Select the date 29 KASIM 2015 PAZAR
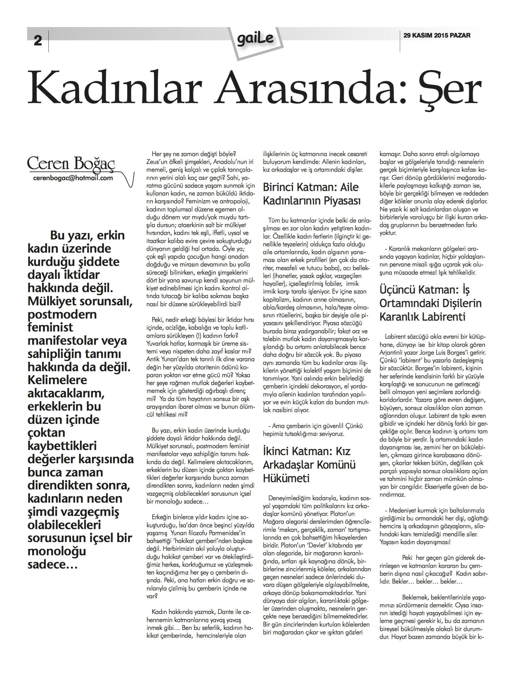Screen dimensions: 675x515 [x=436, y=35]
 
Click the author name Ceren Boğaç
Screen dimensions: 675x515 [x=71, y=163]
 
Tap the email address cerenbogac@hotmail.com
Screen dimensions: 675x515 [x=73, y=178]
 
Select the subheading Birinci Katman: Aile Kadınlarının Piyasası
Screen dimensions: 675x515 [x=311, y=194]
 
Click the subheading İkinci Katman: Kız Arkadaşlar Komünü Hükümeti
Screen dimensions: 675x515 [x=309, y=465]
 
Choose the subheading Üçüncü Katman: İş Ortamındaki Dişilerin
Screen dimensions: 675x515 [x=430, y=303]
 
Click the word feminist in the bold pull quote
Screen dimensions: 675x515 [x=50, y=327]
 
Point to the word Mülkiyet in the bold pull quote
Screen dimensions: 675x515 [x=52, y=301]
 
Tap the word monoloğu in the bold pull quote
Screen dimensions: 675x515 [x=57, y=551]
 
